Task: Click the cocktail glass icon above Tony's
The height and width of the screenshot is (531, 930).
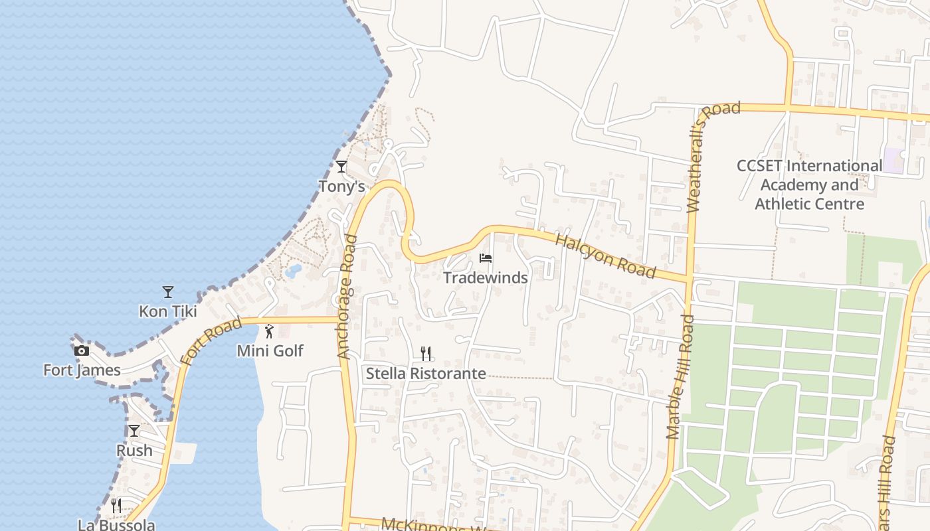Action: click(x=341, y=167)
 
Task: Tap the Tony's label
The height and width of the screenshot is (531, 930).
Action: click(x=342, y=187)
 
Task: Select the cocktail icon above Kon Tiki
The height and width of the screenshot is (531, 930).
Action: click(x=168, y=291)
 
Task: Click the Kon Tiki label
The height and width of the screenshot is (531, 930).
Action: click(x=168, y=311)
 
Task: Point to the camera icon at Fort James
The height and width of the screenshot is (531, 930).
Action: click(x=82, y=350)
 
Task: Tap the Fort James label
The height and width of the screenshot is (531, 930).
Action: click(x=82, y=370)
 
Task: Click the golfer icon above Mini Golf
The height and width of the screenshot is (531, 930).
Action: click(x=269, y=331)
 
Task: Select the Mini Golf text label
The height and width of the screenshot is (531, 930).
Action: click(x=270, y=350)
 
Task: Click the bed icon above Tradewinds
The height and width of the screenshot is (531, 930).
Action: click(x=486, y=258)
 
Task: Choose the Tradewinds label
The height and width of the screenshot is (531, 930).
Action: click(x=486, y=277)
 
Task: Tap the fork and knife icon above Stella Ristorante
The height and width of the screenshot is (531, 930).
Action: click(x=426, y=353)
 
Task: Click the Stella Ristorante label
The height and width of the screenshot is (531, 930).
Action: click(x=426, y=373)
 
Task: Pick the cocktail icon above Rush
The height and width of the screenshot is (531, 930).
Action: click(x=134, y=431)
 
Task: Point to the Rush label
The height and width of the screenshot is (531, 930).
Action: click(x=134, y=450)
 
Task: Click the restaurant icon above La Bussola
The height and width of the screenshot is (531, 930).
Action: click(x=116, y=505)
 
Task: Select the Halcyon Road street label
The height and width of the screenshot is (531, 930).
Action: click(x=605, y=256)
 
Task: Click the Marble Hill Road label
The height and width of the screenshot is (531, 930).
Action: click(x=681, y=376)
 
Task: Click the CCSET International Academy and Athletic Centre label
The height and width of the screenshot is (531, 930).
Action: click(x=809, y=185)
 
